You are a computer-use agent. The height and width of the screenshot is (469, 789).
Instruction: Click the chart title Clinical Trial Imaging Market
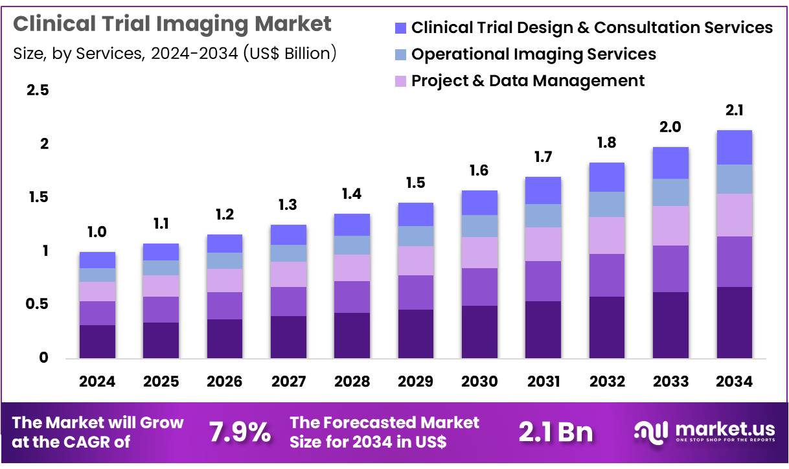click(172, 24)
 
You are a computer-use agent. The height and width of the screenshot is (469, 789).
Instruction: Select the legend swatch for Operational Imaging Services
click(400, 54)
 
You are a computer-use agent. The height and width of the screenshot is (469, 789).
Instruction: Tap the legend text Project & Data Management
click(528, 81)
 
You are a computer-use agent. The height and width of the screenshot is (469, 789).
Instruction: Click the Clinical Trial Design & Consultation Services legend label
click(591, 28)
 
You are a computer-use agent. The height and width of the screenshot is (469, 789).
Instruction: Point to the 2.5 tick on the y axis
click(38, 90)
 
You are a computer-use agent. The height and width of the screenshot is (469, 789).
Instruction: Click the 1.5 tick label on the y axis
click(38, 197)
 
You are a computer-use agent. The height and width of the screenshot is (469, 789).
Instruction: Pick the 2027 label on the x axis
click(288, 382)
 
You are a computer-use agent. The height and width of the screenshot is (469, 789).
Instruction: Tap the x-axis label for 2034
click(734, 382)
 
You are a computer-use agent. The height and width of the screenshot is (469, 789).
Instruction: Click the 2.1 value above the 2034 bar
click(734, 111)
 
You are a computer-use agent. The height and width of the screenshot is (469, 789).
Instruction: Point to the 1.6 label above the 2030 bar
click(479, 170)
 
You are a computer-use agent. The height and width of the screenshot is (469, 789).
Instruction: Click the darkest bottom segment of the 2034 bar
click(734, 322)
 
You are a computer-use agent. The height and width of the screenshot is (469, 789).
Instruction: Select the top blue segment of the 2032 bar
click(607, 177)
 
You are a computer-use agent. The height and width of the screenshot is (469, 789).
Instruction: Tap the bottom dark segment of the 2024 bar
click(97, 341)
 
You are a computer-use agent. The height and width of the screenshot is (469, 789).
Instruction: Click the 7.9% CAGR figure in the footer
click(240, 433)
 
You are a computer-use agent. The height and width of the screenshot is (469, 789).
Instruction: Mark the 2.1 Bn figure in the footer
click(555, 433)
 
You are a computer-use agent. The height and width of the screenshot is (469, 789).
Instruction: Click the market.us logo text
click(724, 429)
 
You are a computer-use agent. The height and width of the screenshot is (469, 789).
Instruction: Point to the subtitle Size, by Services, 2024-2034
click(175, 54)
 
